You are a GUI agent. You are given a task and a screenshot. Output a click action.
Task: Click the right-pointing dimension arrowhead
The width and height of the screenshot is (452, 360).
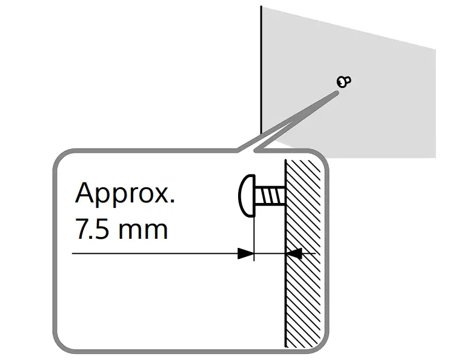pos(245,253)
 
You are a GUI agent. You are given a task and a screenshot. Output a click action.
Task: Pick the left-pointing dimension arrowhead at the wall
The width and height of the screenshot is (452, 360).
pos(295,253)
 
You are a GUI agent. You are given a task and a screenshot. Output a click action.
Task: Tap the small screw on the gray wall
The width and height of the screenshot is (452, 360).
pos(344,81)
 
